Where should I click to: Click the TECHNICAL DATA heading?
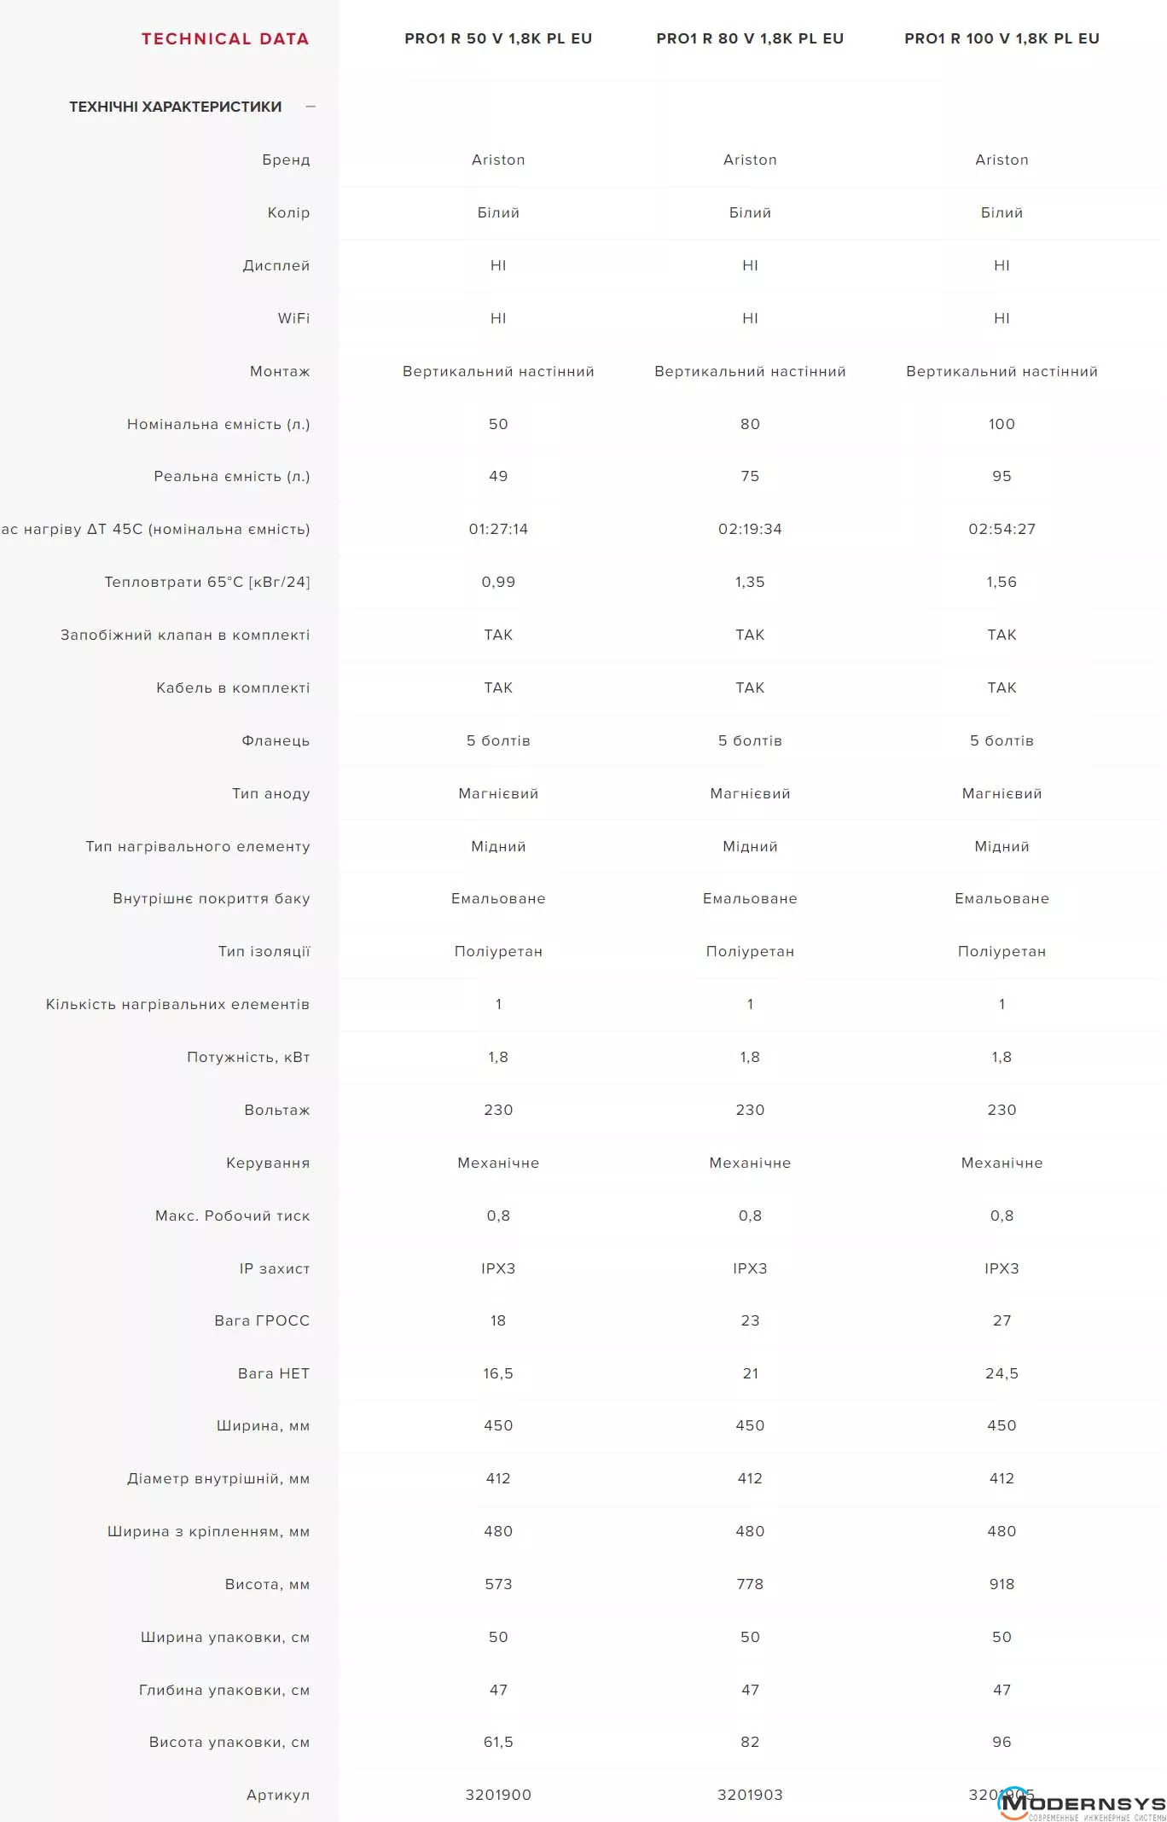(x=225, y=38)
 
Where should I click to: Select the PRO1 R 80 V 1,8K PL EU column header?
(x=750, y=38)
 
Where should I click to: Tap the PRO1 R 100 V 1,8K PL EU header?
(x=1002, y=38)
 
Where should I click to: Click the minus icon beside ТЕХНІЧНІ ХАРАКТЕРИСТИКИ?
(x=311, y=107)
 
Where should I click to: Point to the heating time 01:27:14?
(x=498, y=529)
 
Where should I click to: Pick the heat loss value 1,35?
(x=750, y=582)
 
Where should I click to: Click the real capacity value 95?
(x=1002, y=476)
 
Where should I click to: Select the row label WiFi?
(x=293, y=318)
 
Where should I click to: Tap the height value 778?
(x=750, y=1584)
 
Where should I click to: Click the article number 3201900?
(x=498, y=1795)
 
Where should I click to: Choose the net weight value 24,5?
(x=1002, y=1373)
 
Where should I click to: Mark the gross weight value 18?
(x=498, y=1320)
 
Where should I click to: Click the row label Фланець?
(x=276, y=740)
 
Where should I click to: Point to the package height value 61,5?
(x=498, y=1742)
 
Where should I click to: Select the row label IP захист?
(x=275, y=1268)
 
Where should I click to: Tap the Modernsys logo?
(x=1082, y=1804)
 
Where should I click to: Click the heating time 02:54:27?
(x=1002, y=529)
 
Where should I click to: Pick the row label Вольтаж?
(x=277, y=1110)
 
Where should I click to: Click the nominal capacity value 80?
(x=750, y=424)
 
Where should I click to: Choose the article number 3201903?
(x=750, y=1795)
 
